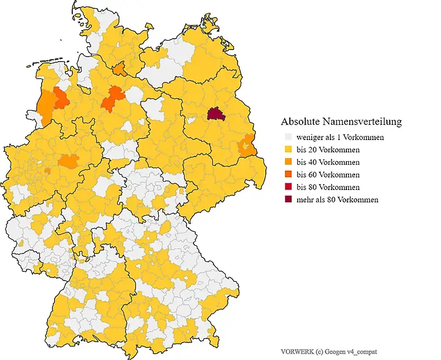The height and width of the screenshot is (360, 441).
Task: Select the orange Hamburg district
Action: [119, 69]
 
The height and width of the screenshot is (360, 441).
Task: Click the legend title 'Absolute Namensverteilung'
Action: [341, 122]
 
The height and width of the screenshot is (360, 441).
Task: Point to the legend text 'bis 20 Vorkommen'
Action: [328, 150]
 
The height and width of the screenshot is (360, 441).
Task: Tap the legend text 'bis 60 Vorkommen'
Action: [328, 175]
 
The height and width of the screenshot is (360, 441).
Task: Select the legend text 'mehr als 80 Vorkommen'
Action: [337, 199]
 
